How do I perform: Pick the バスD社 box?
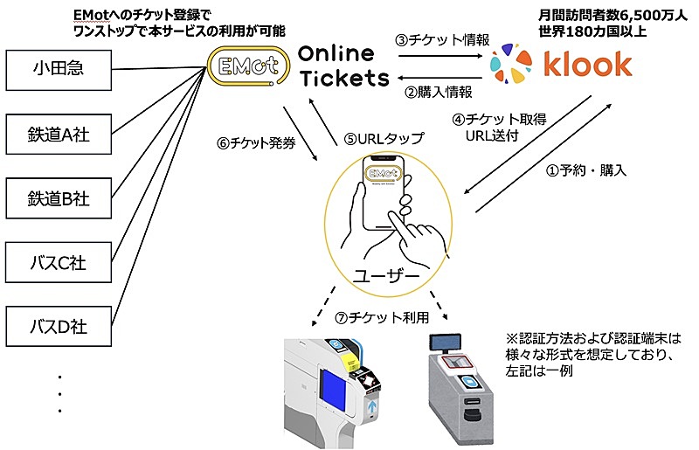59,328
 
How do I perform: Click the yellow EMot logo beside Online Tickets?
247,66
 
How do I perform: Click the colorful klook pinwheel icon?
510,64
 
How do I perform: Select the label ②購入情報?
441,90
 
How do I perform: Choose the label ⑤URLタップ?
384,138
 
